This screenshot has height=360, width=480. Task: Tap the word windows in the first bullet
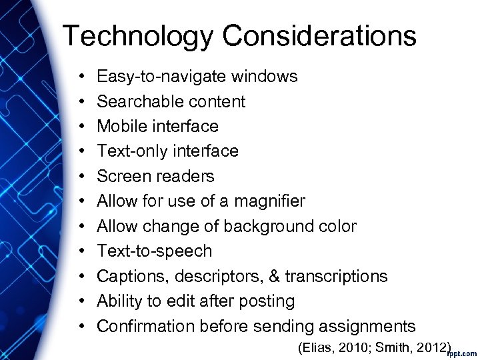coord(265,77)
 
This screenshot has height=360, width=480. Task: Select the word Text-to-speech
coord(155,251)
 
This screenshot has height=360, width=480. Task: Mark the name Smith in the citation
coord(391,347)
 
